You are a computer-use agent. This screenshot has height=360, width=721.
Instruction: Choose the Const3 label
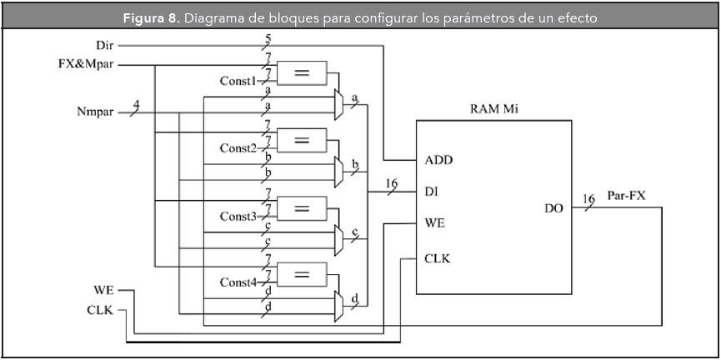click(x=238, y=216)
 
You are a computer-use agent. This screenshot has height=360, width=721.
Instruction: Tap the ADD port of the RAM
click(x=438, y=159)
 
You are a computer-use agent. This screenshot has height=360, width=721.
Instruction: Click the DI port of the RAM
click(x=432, y=192)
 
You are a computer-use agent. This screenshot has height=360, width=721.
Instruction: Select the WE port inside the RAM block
click(x=434, y=224)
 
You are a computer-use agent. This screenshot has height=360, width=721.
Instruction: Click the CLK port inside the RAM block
click(x=438, y=258)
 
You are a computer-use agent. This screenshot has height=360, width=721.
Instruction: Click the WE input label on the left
click(x=104, y=290)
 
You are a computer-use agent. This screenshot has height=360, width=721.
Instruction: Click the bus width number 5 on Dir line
click(x=268, y=37)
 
